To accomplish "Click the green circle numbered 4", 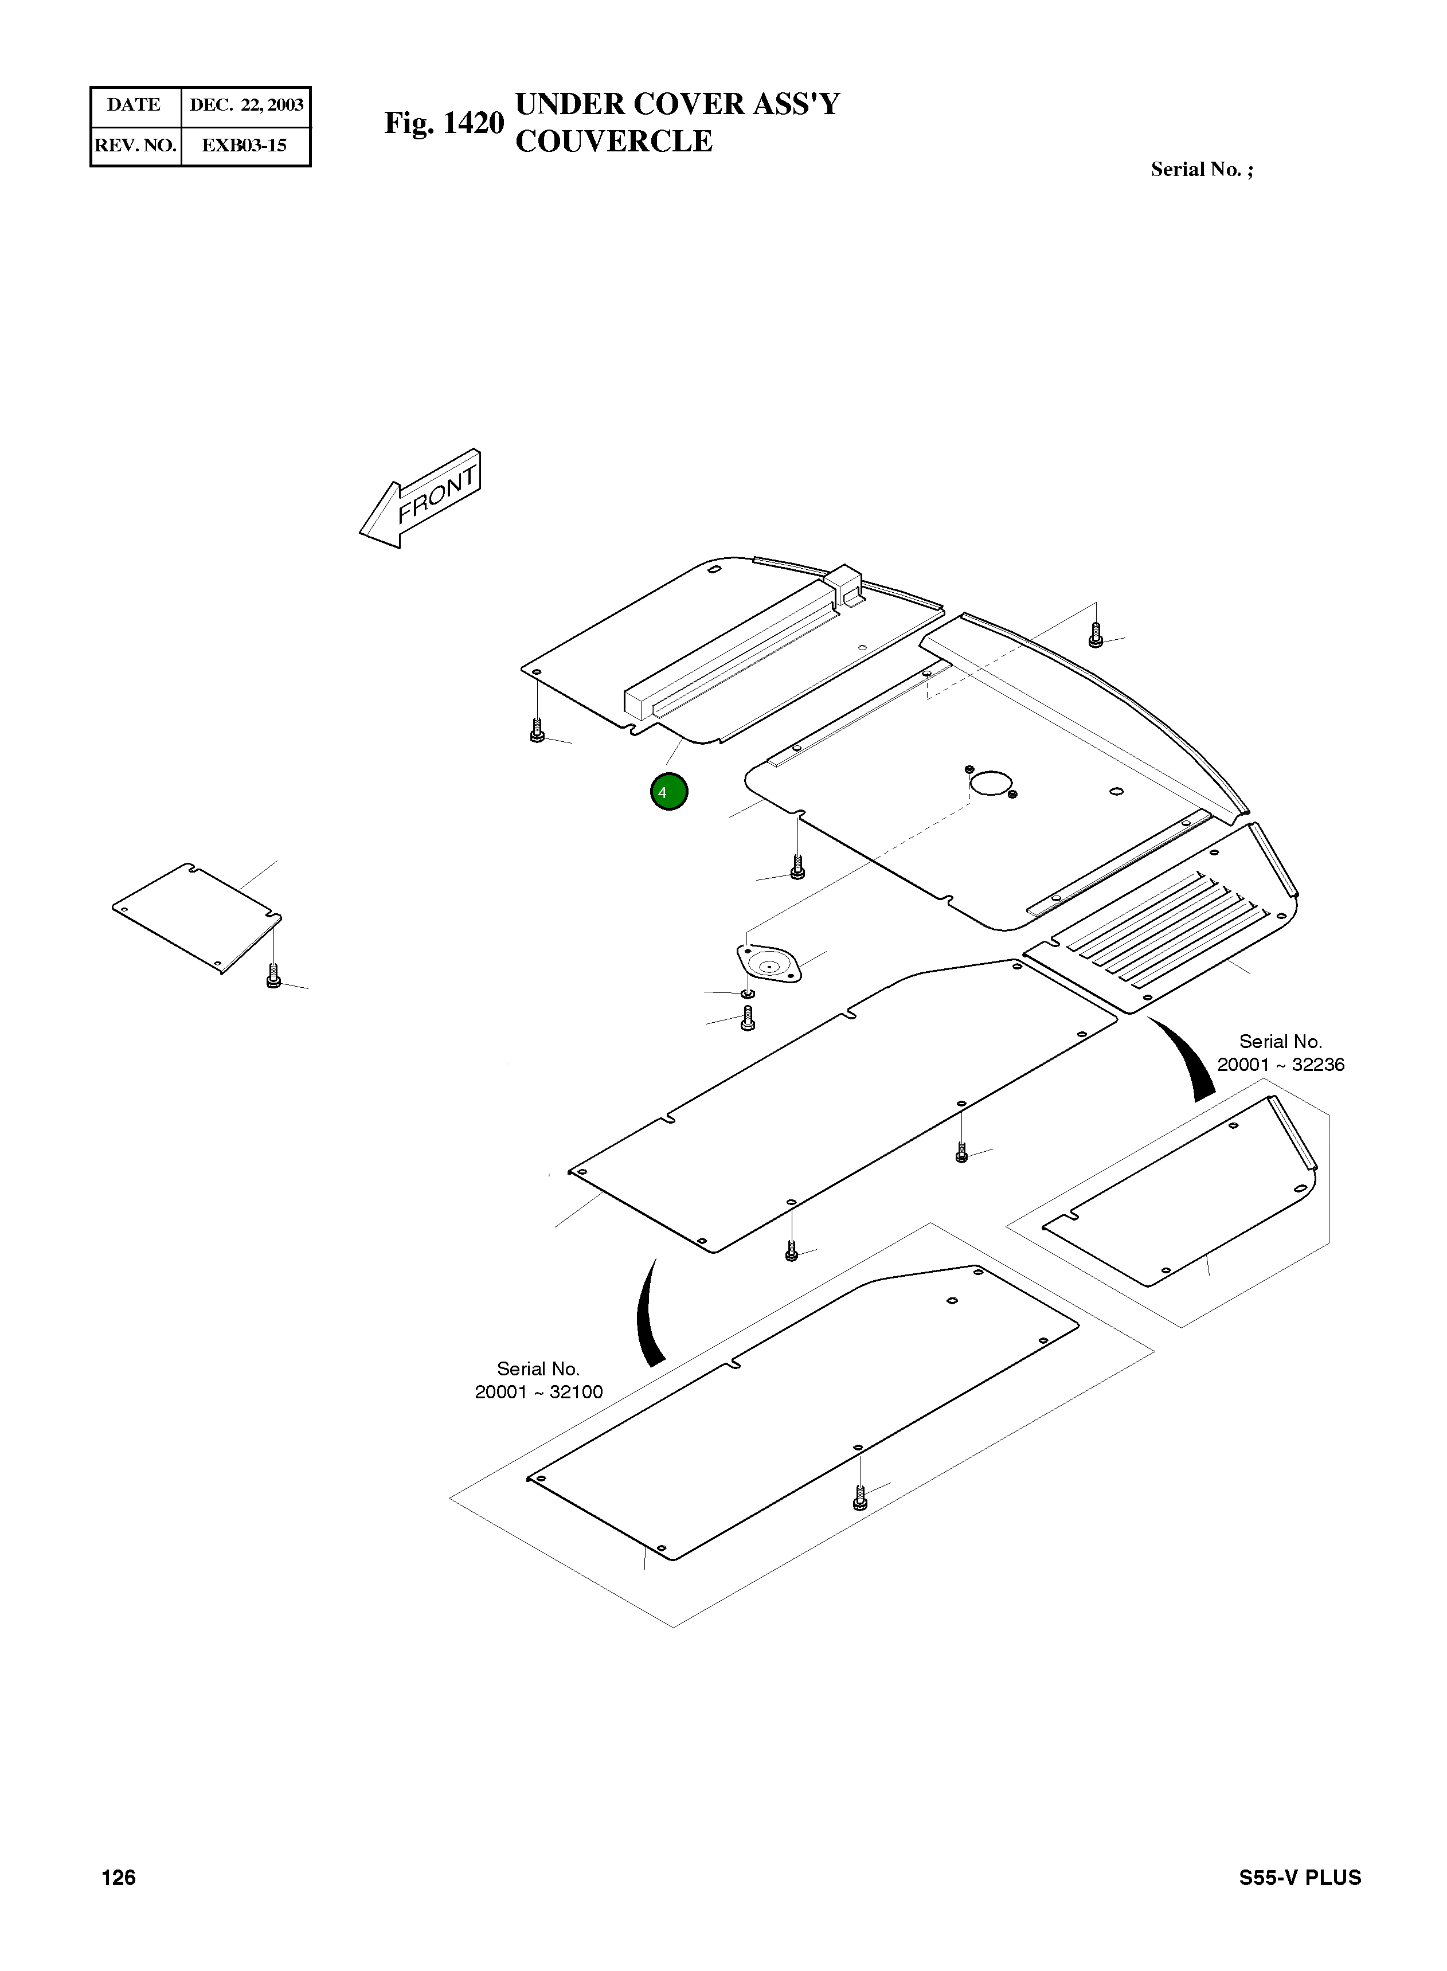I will coord(669,792).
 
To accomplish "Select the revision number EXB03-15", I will coord(244,146).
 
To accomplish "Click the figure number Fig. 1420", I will coord(444,123).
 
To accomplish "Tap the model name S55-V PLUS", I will coord(1300,1878).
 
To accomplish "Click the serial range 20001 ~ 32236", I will coord(1281,1065).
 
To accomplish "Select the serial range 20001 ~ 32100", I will coord(539,1392).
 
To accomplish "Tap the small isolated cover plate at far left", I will coord(197,916).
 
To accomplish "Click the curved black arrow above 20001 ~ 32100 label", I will coord(648,1314).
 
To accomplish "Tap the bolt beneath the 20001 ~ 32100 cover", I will coord(860,1499).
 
